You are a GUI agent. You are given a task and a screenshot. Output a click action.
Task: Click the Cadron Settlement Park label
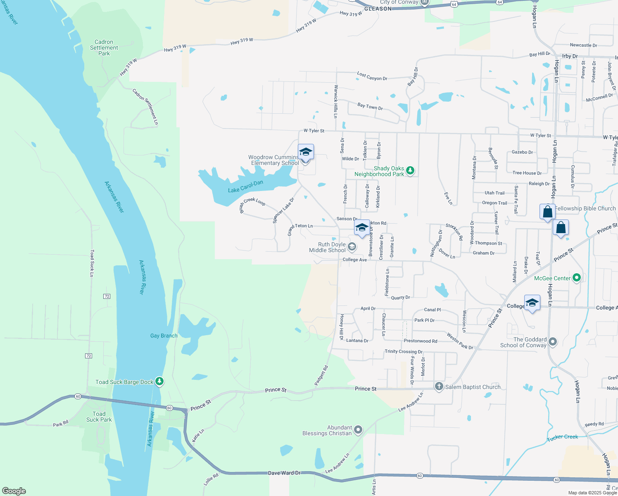tap(104, 48)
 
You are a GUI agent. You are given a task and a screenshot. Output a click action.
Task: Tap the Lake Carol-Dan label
tap(245, 186)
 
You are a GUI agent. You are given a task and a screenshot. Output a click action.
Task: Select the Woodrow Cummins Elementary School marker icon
tap(306, 152)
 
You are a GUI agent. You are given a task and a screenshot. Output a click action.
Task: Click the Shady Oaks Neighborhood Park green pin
tap(410, 170)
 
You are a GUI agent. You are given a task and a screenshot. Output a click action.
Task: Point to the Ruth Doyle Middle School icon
tap(352, 247)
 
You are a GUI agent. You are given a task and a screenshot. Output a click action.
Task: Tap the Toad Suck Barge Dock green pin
tap(159, 382)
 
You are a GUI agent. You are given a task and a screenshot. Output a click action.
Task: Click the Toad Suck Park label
tap(99, 417)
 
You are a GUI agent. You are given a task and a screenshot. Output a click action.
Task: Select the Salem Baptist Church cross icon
tap(439, 386)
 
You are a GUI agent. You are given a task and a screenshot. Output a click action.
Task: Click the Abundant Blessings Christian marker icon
tap(358, 430)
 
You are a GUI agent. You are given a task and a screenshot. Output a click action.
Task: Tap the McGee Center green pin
tap(577, 278)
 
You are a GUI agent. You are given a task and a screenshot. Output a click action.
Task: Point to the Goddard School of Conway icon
tap(553, 342)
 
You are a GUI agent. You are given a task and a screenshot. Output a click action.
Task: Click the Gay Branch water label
tap(164, 336)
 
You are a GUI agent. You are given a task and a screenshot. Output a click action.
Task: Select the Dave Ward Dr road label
tap(284, 472)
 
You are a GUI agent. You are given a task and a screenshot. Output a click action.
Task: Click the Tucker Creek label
tap(562, 437)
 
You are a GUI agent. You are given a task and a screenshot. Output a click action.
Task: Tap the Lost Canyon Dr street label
tap(372, 76)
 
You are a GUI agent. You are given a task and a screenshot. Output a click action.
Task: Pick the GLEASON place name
tap(378, 9)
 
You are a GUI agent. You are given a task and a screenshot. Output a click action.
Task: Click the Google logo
tap(14, 491)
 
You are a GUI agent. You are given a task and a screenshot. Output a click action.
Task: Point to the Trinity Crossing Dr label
tap(404, 352)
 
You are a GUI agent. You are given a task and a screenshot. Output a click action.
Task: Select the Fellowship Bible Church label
tap(585, 208)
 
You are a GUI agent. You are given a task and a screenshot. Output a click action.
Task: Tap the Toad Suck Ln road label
tap(92, 263)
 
